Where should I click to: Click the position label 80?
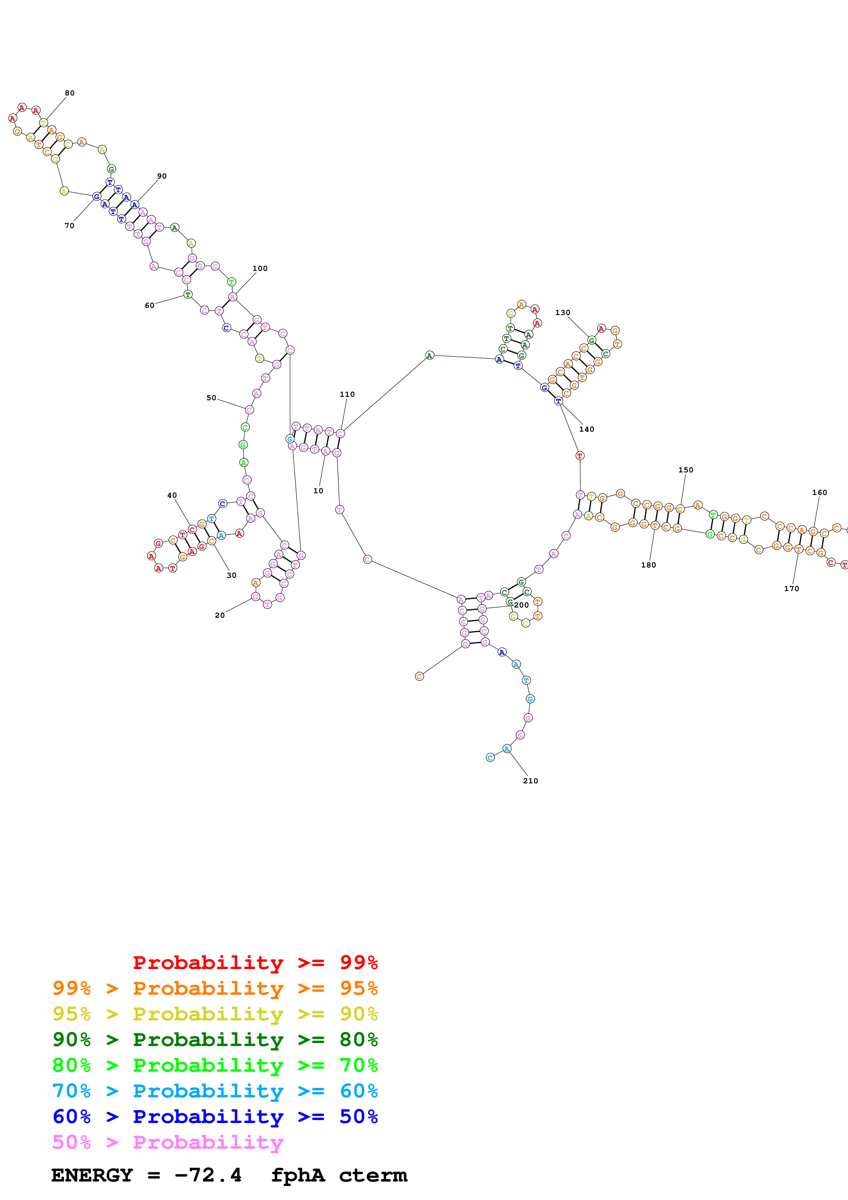[x=69, y=93]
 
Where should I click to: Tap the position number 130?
[x=562, y=313]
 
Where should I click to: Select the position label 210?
[x=530, y=781]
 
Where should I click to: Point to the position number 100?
[x=260, y=269]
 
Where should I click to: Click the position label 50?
[x=211, y=398]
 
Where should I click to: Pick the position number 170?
[x=791, y=588]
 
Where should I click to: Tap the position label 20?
[x=220, y=615]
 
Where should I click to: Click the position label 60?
[x=149, y=305]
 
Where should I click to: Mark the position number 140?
[x=586, y=429]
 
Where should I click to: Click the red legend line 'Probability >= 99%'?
[x=255, y=963]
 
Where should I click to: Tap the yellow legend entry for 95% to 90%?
[x=215, y=1014]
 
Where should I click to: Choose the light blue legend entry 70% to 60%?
[x=215, y=1091]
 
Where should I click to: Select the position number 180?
[x=649, y=565]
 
